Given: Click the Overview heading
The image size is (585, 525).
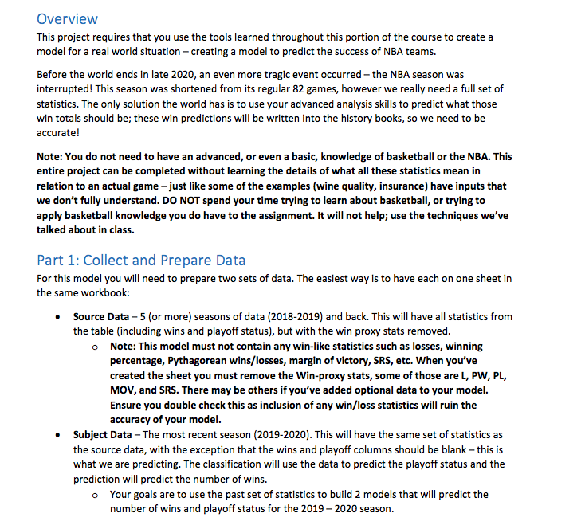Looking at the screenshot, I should tap(67, 18).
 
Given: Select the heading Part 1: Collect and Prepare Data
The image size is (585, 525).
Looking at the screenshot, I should tap(141, 261).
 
